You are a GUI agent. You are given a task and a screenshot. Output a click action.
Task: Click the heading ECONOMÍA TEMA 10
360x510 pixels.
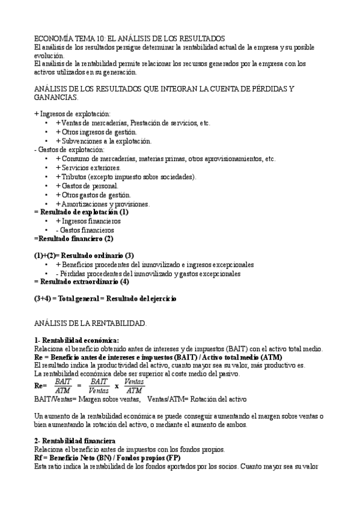coord(129,37)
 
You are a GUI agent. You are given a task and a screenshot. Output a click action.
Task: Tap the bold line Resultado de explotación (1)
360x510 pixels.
coord(81,212)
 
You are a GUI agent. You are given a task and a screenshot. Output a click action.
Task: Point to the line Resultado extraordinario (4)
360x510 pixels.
coord(81,281)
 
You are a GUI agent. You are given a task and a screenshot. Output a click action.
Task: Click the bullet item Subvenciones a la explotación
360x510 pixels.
coord(103,141)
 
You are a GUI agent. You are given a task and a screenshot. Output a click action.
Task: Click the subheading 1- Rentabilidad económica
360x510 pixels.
coord(76,340)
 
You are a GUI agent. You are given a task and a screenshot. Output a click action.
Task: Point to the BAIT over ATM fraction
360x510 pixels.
coord(63,386)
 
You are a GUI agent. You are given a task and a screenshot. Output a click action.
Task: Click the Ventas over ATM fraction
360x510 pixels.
coord(135,386)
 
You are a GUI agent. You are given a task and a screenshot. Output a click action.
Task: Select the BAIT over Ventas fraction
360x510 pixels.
coord(99,386)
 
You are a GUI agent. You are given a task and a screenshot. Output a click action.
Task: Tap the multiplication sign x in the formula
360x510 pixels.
coord(117,386)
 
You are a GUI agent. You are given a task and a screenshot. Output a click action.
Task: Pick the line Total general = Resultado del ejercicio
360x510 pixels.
coord(105,298)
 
